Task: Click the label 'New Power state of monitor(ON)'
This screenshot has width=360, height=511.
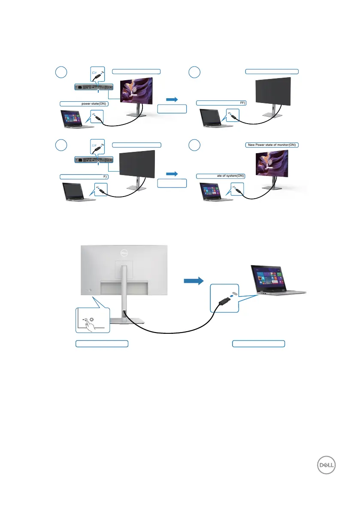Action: point(272,145)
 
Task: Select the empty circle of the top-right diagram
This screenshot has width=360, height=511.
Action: point(194,72)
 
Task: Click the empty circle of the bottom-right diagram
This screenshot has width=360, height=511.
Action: point(194,145)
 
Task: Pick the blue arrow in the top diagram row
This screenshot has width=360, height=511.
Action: point(172,99)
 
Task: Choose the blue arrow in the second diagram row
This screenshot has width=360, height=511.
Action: point(172,174)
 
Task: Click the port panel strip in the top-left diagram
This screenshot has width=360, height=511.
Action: point(94,87)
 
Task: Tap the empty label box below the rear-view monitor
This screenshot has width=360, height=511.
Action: point(102,343)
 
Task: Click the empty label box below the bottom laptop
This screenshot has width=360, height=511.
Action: point(258,343)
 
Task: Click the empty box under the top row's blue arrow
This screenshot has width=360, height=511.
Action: point(172,109)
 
